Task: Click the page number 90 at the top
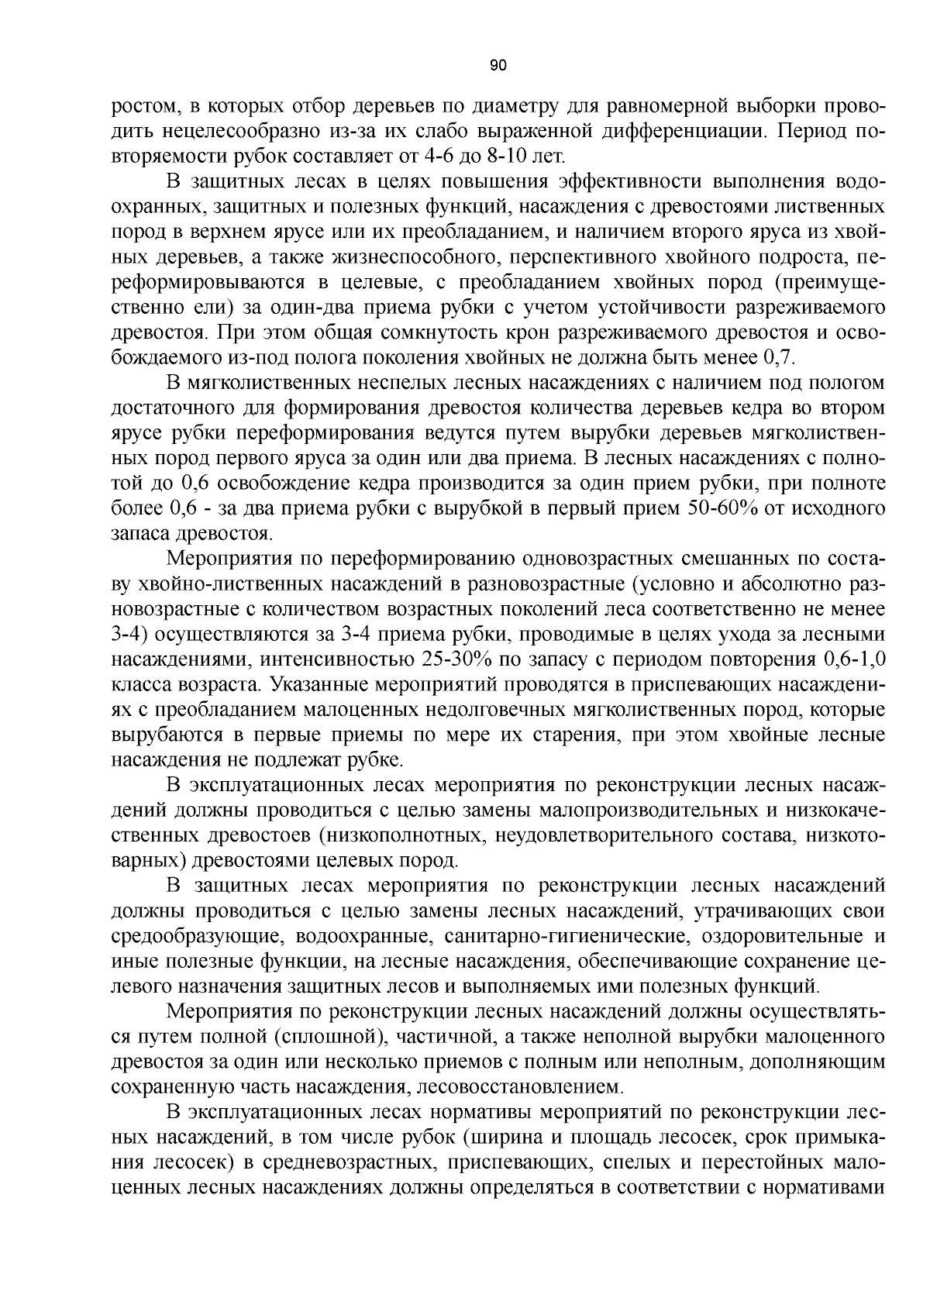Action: click(498, 65)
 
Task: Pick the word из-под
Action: click(278, 358)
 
